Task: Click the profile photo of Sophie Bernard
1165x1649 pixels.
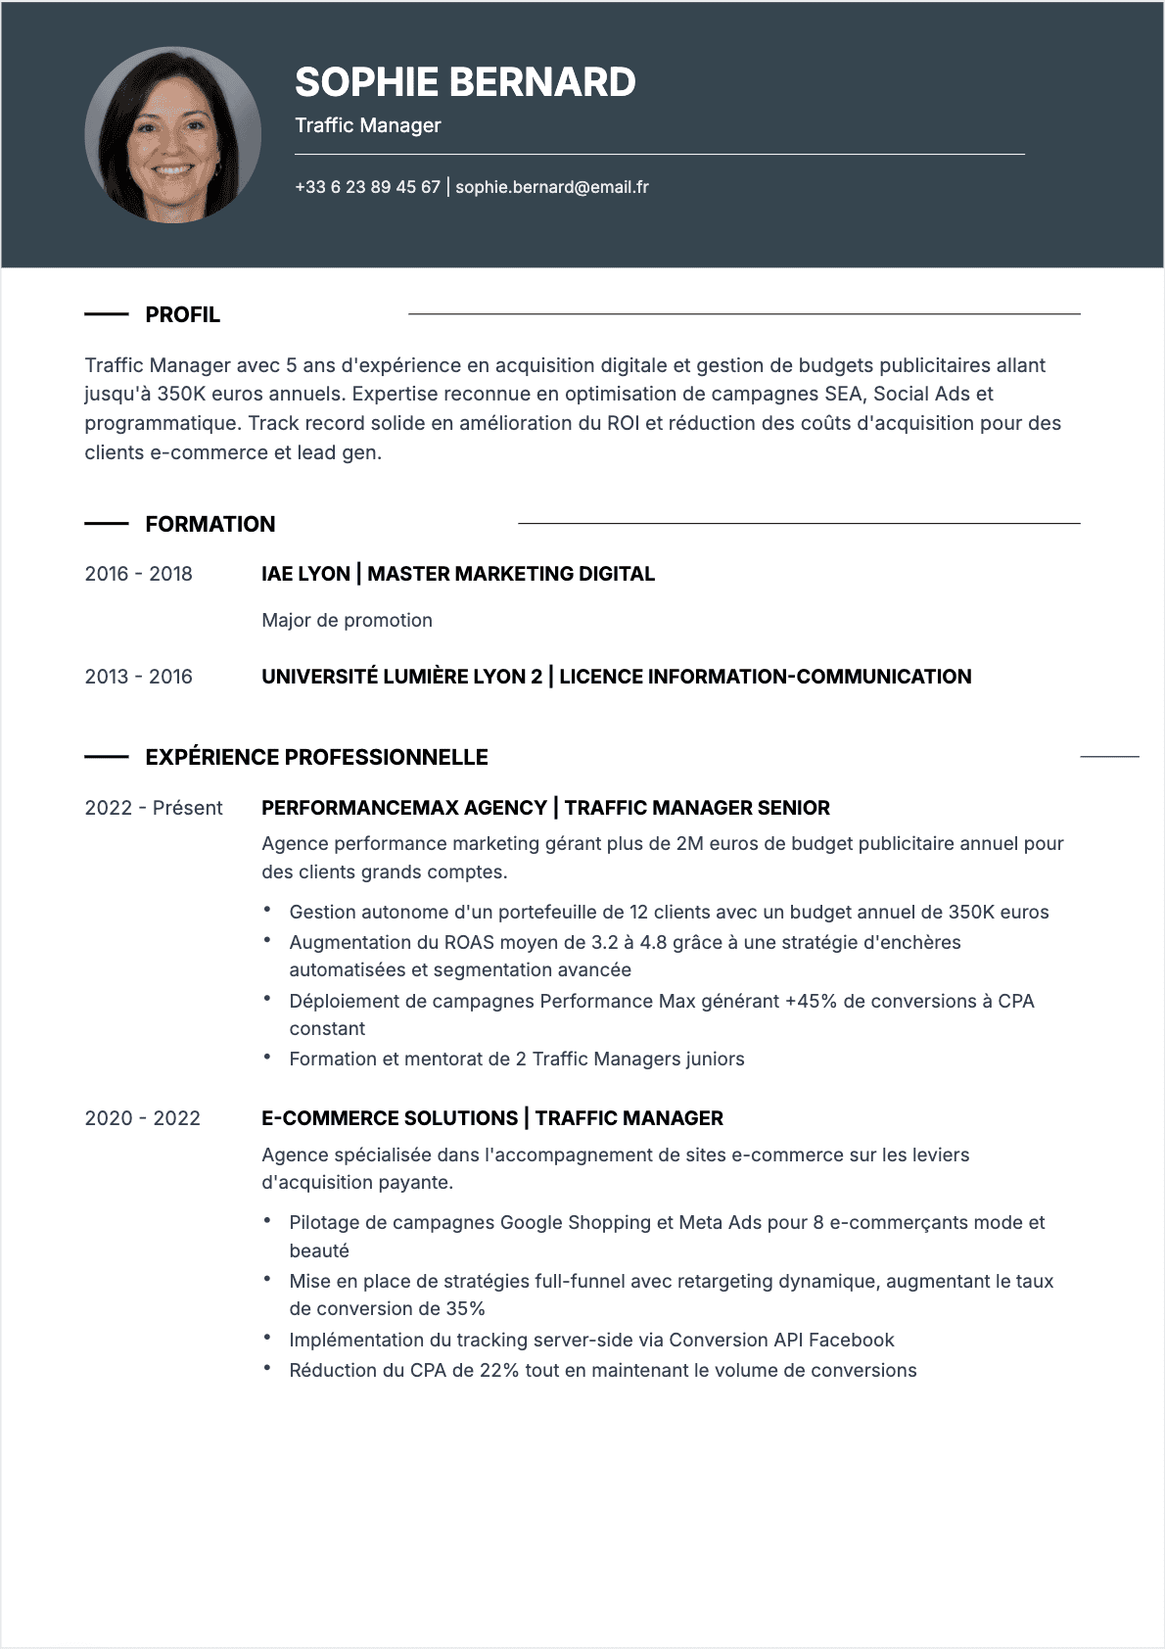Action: pyautogui.click(x=172, y=135)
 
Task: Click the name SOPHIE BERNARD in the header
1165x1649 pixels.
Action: pyautogui.click(x=465, y=82)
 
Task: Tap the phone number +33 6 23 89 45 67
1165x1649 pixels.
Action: pyautogui.click(x=367, y=187)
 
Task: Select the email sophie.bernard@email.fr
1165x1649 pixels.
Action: pyautogui.click(x=552, y=187)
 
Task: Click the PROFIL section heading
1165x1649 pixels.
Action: pyautogui.click(x=182, y=314)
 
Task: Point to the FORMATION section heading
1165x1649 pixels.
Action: pyautogui.click(x=210, y=524)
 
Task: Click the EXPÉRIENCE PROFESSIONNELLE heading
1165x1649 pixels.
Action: pyautogui.click(x=316, y=757)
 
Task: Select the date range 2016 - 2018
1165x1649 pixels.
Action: pyautogui.click(x=138, y=574)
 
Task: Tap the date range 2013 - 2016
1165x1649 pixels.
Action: pyautogui.click(x=138, y=677)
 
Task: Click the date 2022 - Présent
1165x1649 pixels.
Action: pyautogui.click(x=154, y=808)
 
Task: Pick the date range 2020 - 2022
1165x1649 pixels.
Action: pyautogui.click(x=142, y=1118)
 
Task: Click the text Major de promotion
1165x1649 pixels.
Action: pyautogui.click(x=347, y=620)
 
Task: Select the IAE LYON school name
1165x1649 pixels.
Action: pyautogui.click(x=305, y=574)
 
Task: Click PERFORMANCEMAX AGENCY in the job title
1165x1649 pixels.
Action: pyautogui.click(x=403, y=808)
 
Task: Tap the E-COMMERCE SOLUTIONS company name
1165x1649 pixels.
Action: pyautogui.click(x=390, y=1118)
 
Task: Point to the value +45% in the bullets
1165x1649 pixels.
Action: pyautogui.click(x=811, y=1001)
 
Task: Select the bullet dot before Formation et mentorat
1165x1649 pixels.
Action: pyautogui.click(x=267, y=1058)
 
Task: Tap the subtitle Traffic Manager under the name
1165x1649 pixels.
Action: pyautogui.click(x=368, y=125)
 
